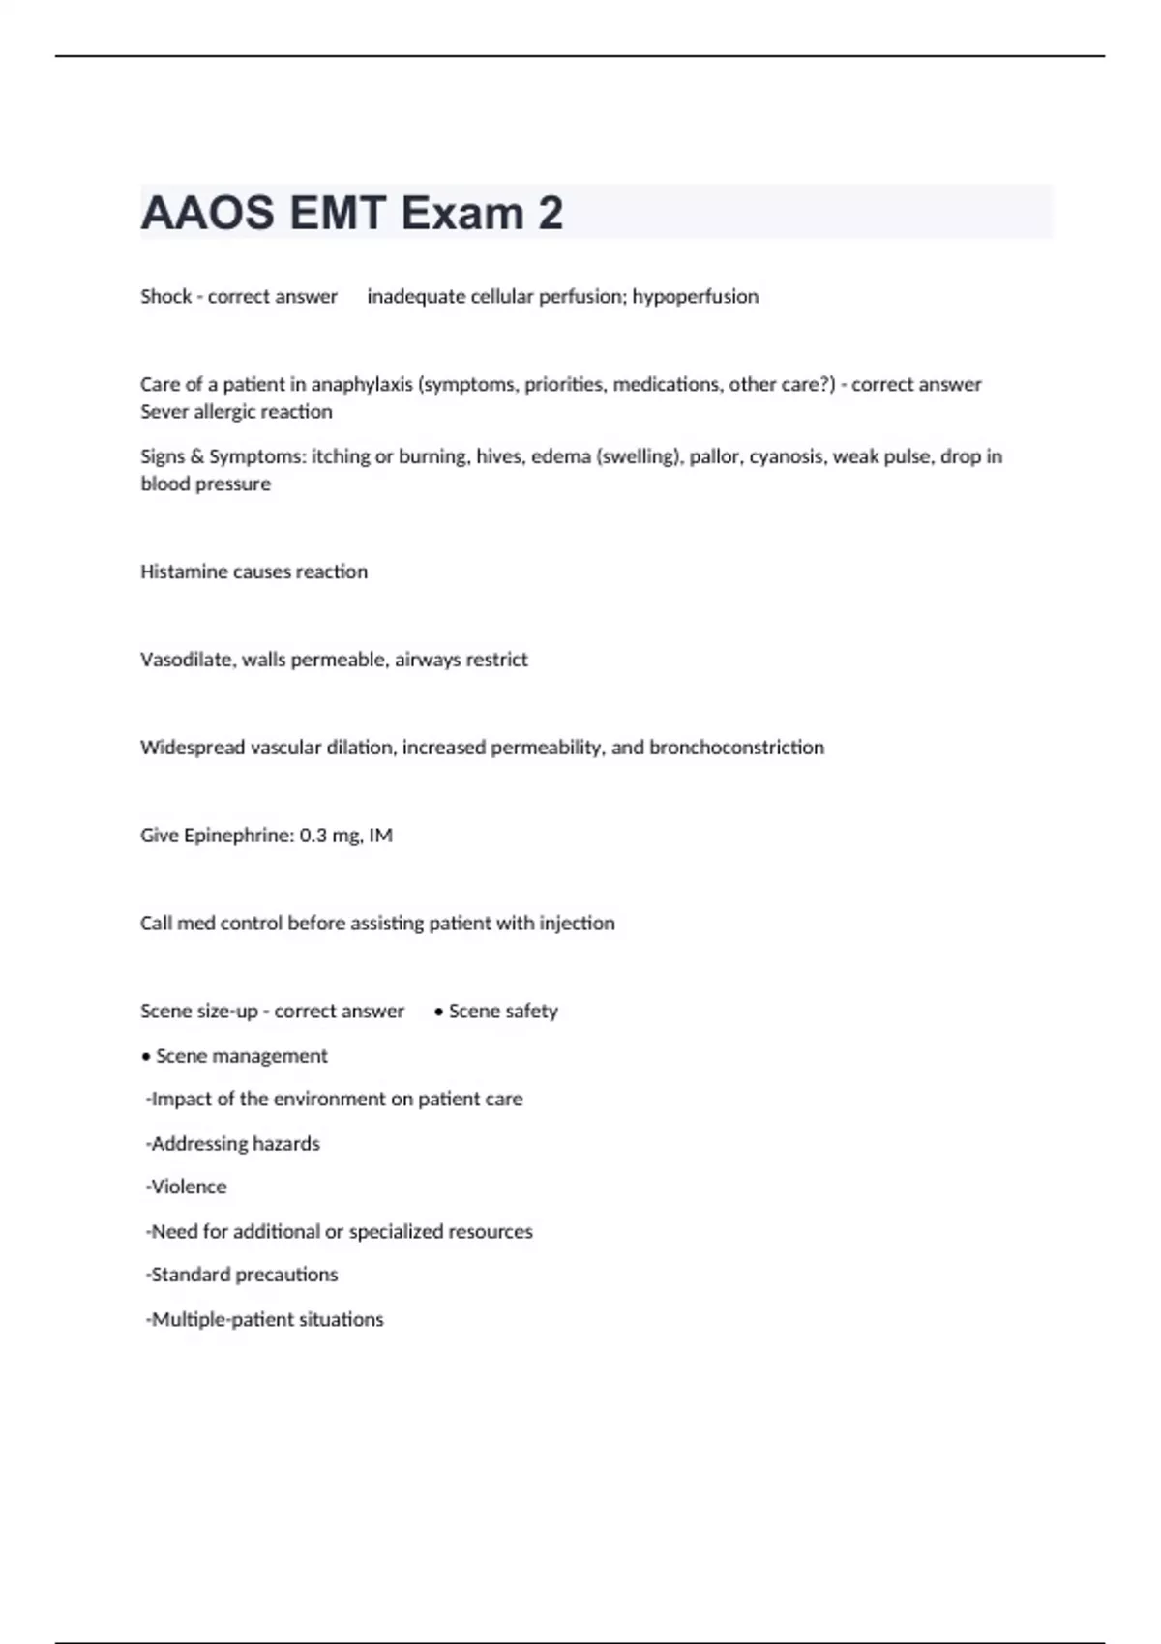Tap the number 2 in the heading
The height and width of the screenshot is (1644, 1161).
(x=550, y=213)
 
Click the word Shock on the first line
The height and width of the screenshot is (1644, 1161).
(x=165, y=296)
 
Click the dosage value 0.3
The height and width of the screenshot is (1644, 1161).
(x=313, y=835)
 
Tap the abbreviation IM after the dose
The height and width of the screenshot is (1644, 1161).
(x=380, y=835)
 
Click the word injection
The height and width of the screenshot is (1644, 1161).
(x=577, y=923)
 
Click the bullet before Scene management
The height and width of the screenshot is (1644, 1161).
(x=146, y=1056)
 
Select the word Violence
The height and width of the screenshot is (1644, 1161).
(x=189, y=1187)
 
